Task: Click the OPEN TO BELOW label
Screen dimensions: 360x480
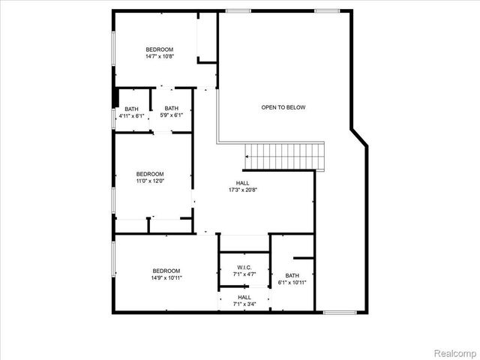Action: [283, 107]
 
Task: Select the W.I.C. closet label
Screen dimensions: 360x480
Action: [244, 268]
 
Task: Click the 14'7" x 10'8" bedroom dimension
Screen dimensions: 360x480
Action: [159, 55]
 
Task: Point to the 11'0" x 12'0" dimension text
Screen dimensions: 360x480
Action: [149, 181]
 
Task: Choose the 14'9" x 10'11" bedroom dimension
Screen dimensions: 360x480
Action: [166, 277]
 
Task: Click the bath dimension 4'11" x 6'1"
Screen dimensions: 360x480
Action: [131, 115]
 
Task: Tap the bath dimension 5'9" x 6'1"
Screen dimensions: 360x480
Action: [172, 115]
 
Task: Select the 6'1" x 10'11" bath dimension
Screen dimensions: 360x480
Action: [292, 282]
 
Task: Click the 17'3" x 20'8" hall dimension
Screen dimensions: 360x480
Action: [243, 190]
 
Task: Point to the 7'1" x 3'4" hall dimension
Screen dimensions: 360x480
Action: [244, 304]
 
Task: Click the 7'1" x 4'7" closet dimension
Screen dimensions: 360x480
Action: [244, 274]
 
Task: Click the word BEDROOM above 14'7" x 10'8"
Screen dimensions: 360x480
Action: [159, 49]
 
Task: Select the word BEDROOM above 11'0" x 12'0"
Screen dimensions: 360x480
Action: [149, 174]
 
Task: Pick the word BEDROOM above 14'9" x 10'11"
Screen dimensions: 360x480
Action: [166, 271]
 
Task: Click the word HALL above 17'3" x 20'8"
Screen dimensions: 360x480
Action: [243, 183]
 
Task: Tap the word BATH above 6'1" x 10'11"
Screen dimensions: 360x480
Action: [292, 275]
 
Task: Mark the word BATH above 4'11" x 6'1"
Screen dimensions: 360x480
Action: [131, 109]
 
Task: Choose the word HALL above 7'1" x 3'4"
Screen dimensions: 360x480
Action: [244, 297]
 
